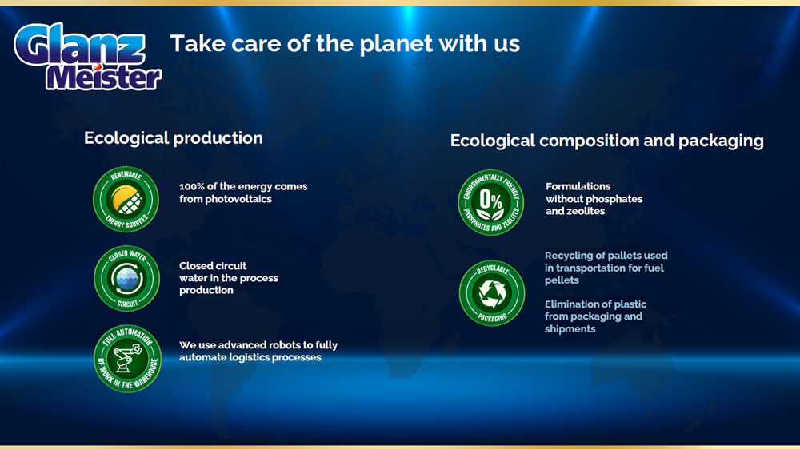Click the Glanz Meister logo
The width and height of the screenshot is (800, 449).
pyautogui.click(x=88, y=57)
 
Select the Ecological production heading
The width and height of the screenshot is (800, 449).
pyautogui.click(x=174, y=138)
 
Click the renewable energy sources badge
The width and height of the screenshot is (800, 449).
pyautogui.click(x=126, y=199)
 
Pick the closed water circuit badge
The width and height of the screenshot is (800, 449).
pyautogui.click(x=127, y=278)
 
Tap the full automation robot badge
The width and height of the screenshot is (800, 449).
pyautogui.click(x=127, y=358)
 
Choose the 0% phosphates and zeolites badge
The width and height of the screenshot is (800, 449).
pyautogui.click(x=491, y=202)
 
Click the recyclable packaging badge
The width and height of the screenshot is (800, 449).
pyautogui.click(x=492, y=293)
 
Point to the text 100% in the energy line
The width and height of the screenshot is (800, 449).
pyautogui.click(x=192, y=186)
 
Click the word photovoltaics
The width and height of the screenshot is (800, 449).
pyautogui.click(x=238, y=199)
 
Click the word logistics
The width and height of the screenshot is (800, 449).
pyautogui.click(x=249, y=358)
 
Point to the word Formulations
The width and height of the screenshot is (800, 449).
pyautogui.click(x=578, y=186)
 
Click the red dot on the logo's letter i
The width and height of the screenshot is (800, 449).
pyautogui.click(x=97, y=66)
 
